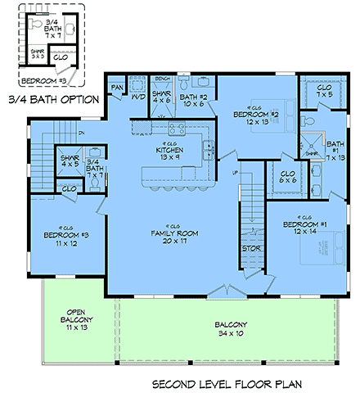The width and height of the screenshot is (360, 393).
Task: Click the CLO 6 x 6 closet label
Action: point(286,178)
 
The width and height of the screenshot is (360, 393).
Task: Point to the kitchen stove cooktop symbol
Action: point(173,126)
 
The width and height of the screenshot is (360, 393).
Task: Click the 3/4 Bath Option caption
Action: point(53,100)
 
